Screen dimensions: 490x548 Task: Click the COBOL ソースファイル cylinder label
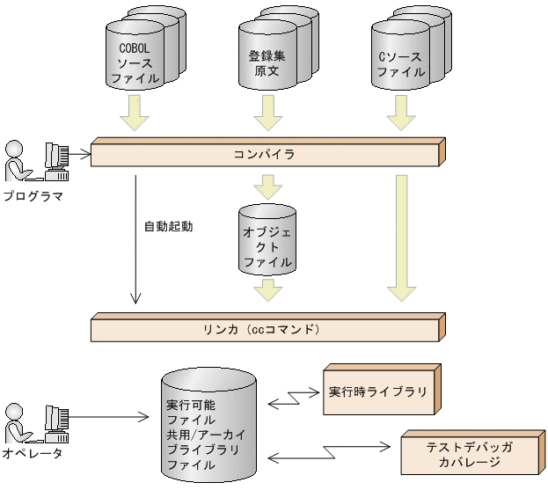(x=135, y=60)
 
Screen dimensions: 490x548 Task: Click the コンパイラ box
(x=264, y=154)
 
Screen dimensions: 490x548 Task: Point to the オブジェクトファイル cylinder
(x=267, y=238)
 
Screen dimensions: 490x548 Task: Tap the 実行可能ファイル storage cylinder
(x=208, y=428)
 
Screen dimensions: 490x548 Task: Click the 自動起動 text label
(x=168, y=226)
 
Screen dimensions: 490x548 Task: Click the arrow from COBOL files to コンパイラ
(x=135, y=113)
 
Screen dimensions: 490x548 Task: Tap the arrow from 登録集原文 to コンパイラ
(x=267, y=113)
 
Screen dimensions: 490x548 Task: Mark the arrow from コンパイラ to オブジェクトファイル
(x=267, y=186)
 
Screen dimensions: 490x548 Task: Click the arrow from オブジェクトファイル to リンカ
(x=267, y=289)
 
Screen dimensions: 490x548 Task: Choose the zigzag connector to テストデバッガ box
(x=330, y=453)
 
